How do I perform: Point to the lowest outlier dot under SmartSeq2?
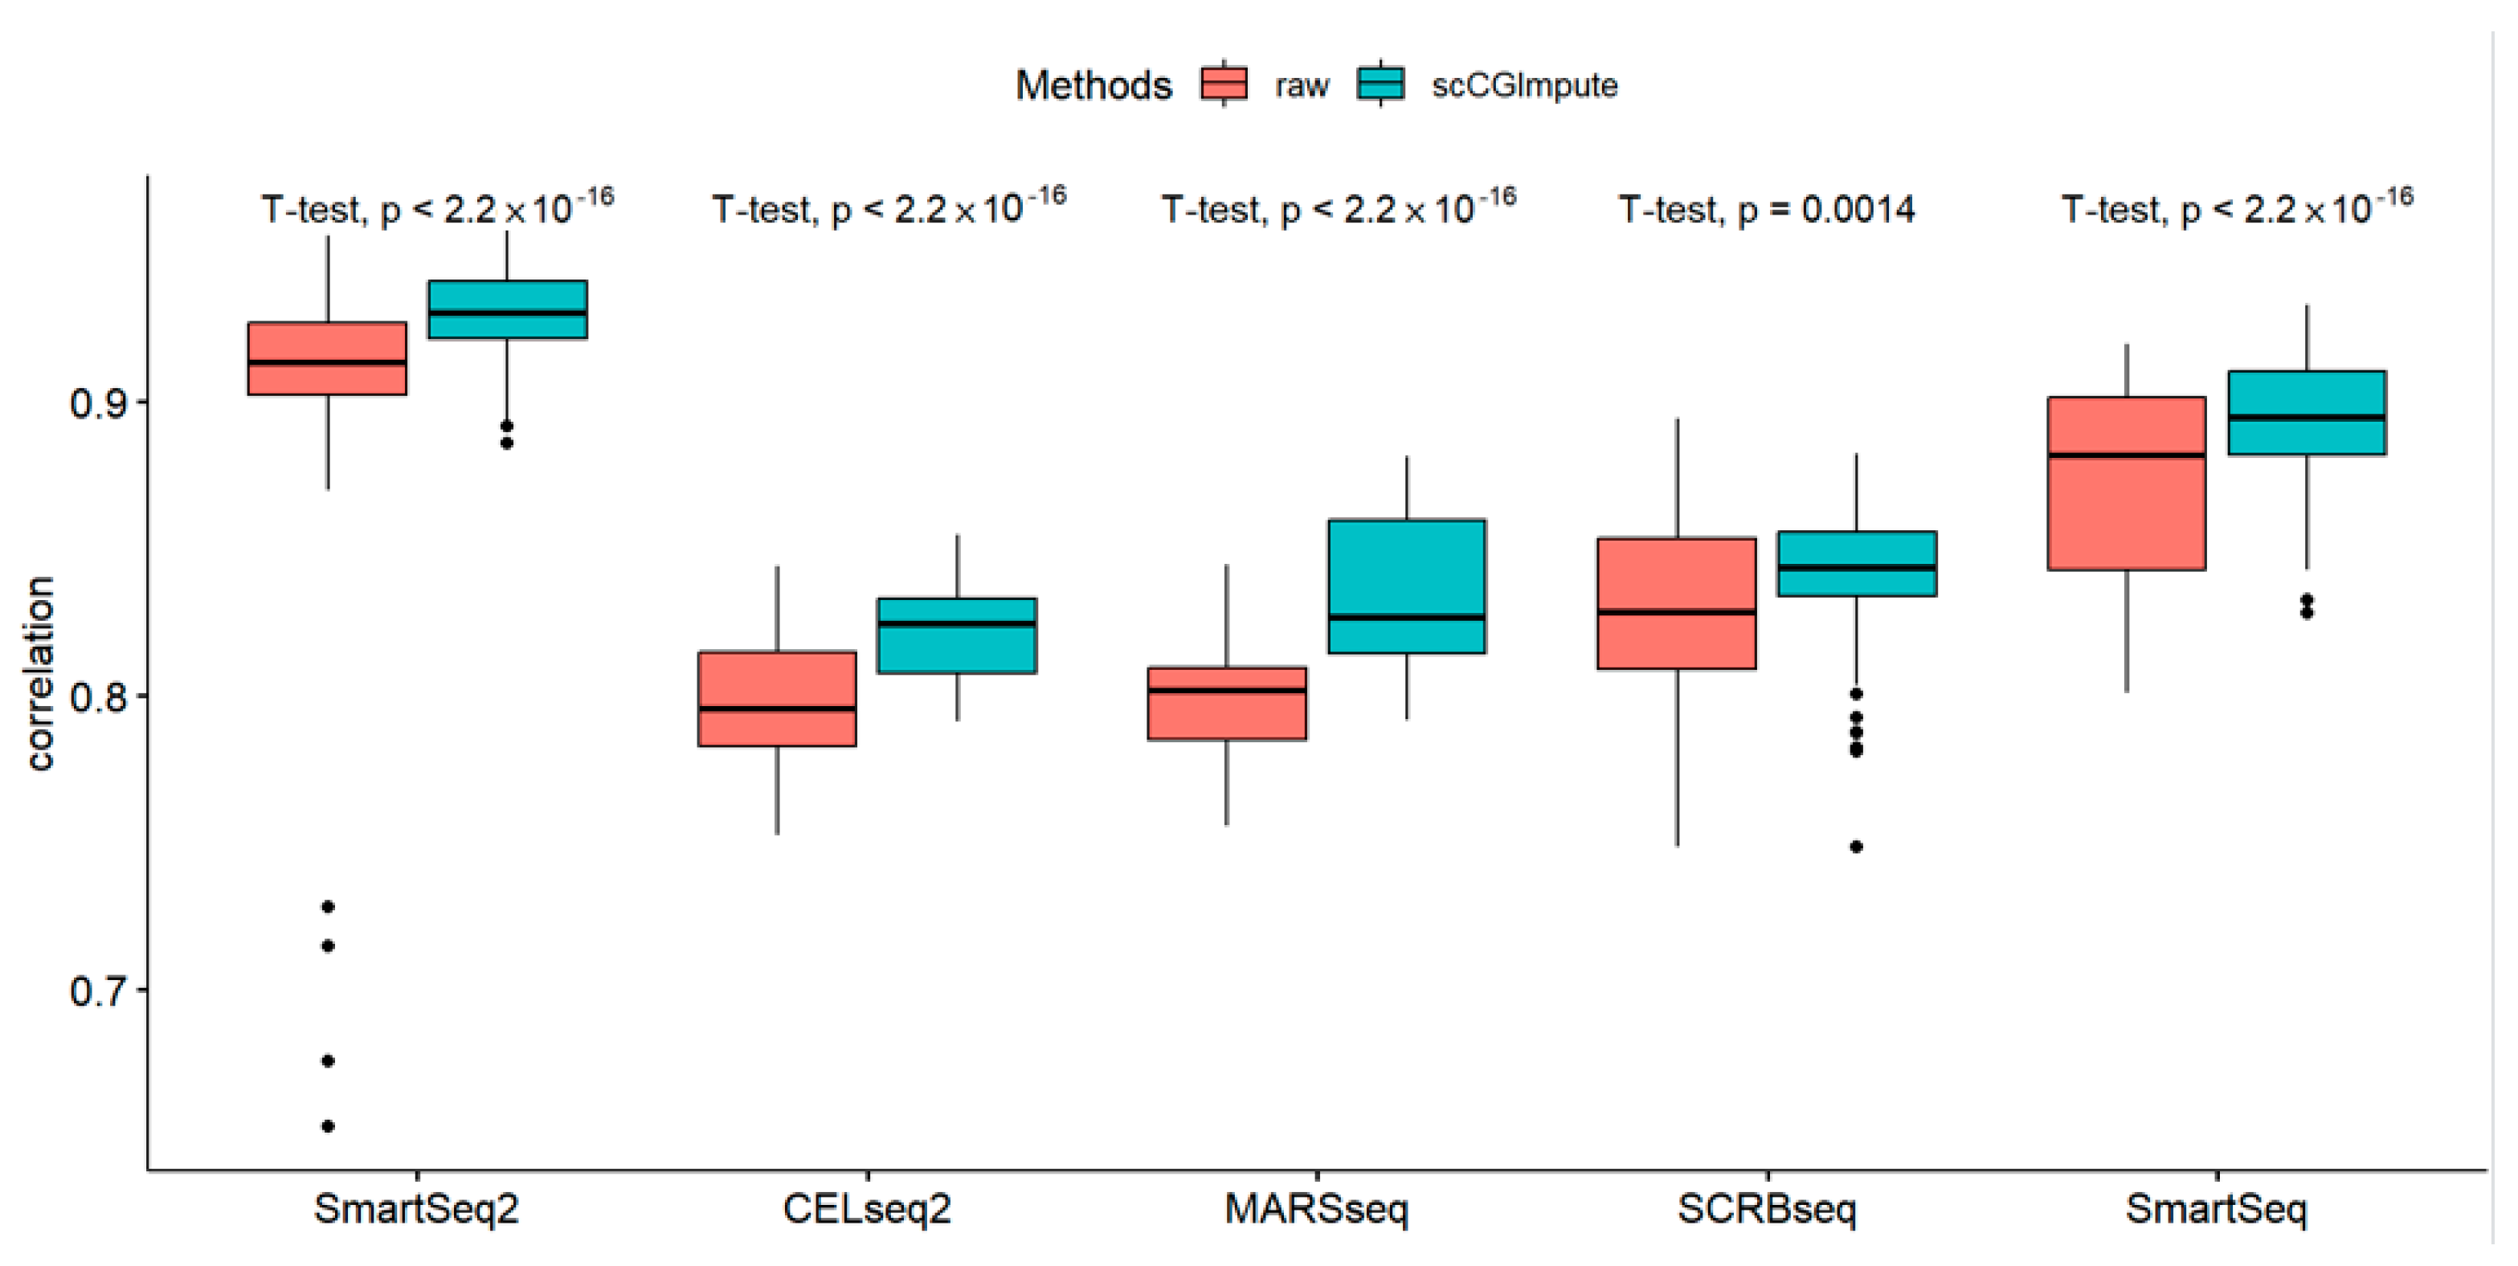click(329, 1126)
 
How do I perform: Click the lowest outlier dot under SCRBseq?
click(1856, 847)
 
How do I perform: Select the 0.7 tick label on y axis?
click(98, 991)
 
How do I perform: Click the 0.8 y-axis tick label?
click(98, 698)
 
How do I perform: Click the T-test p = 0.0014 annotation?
click(1766, 209)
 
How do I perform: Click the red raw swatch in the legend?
click(1224, 84)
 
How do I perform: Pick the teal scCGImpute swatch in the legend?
click(1380, 84)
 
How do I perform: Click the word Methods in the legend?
click(1093, 86)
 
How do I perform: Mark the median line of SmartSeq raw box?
click(2127, 455)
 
